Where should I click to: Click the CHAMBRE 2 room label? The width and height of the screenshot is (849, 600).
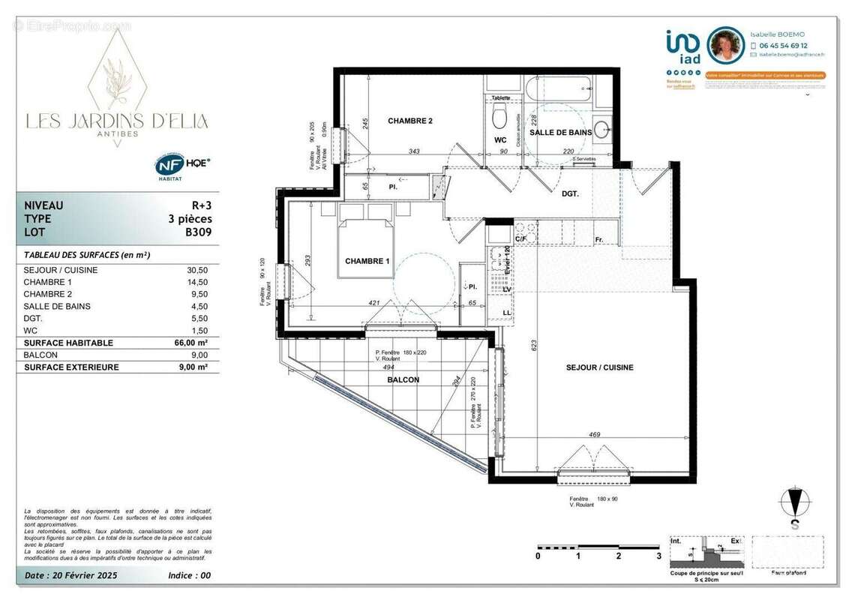[x=409, y=121]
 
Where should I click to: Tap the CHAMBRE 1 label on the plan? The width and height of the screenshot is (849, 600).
[x=367, y=261]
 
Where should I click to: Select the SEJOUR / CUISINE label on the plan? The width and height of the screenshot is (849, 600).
[x=599, y=367]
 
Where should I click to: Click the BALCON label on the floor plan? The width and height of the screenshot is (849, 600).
[x=403, y=380]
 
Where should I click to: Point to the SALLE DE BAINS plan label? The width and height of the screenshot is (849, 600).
[x=561, y=133]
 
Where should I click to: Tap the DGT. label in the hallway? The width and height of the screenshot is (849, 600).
[x=573, y=193]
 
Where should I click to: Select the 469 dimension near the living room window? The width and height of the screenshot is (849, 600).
[x=594, y=434]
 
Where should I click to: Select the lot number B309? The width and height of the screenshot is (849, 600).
[x=198, y=232]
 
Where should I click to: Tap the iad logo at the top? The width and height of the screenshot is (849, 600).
[x=682, y=46]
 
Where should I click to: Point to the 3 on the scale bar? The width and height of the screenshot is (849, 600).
[x=658, y=556]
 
